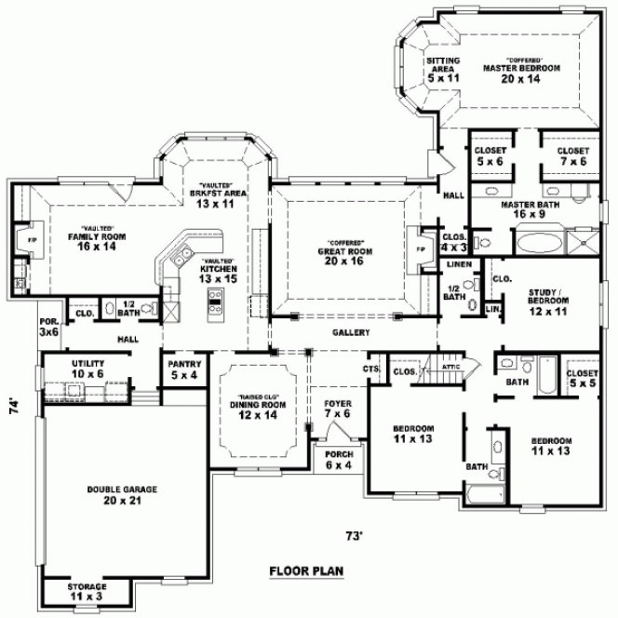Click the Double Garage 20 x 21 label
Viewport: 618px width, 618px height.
(122, 493)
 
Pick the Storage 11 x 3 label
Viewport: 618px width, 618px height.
(87, 591)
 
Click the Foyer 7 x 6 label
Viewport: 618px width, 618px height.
(336, 409)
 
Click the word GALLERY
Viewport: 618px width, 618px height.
(352, 332)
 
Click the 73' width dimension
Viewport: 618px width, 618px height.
(354, 535)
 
